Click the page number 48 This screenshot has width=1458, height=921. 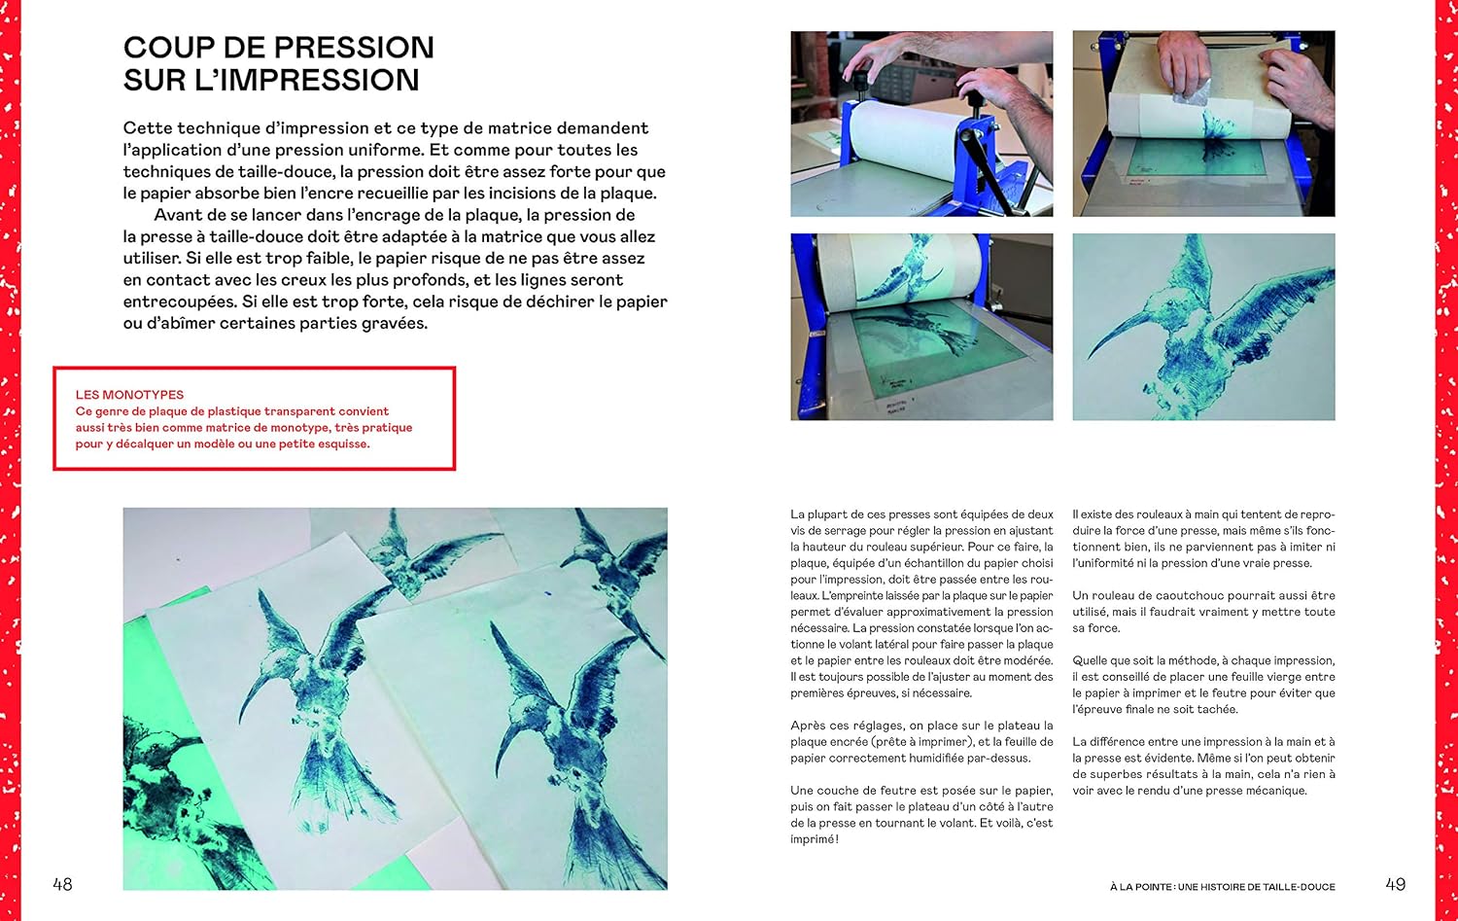pyautogui.click(x=62, y=884)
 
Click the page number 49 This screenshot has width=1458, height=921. pyautogui.click(x=1395, y=884)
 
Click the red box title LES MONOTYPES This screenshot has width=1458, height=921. pyautogui.click(x=129, y=395)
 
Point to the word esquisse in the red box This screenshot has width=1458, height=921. pyautogui.click(x=338, y=444)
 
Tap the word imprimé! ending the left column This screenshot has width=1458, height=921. pyautogui.click(x=815, y=839)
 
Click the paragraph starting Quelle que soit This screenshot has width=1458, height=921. pyautogui.click(x=1203, y=685)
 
